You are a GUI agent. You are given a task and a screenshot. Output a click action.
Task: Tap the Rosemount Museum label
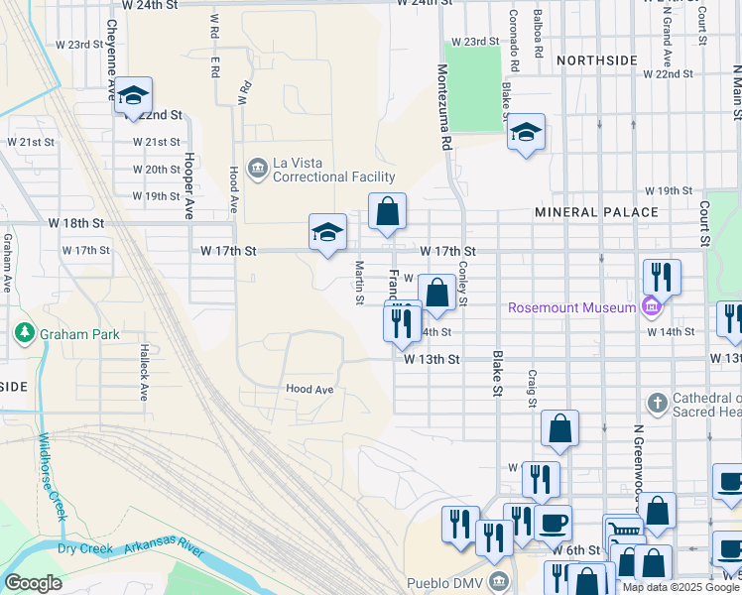tap(570, 307)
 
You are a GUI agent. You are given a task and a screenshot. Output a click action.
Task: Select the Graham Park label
tap(79, 334)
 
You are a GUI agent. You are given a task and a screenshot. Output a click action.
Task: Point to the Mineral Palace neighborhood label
tap(595, 212)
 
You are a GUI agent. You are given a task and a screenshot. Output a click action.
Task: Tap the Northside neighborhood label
tap(596, 60)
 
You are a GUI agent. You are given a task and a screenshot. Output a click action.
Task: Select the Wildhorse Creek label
tap(53, 477)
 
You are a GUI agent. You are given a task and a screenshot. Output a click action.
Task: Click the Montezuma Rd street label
tap(445, 107)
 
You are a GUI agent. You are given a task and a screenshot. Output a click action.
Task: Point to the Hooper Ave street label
tap(187, 184)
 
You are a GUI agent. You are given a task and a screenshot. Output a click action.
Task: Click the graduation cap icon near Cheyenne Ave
tap(132, 96)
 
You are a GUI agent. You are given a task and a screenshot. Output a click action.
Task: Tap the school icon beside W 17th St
tap(327, 232)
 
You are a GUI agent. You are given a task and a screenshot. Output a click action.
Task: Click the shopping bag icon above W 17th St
tap(387, 210)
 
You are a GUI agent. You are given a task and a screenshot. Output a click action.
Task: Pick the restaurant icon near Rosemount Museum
tap(661, 277)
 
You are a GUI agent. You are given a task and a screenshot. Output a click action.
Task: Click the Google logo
tap(33, 583)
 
